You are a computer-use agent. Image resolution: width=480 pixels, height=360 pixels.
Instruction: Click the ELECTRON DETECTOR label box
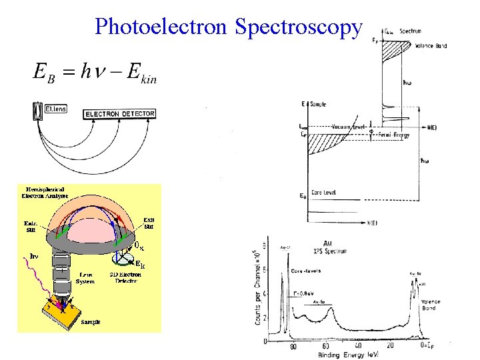tap(120, 114)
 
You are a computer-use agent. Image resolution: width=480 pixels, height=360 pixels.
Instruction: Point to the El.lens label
tap(55, 107)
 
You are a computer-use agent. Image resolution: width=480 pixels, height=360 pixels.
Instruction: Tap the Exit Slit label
tap(150, 223)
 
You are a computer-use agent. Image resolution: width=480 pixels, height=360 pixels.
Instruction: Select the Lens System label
tap(85, 278)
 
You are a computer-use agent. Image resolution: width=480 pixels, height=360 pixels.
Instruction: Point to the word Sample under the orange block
tap(91, 321)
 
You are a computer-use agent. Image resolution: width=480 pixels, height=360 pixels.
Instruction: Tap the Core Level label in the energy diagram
tap(323, 192)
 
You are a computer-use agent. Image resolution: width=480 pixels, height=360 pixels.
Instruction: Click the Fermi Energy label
tap(394, 135)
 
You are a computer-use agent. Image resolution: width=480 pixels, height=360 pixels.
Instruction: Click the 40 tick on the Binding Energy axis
tap(358, 346)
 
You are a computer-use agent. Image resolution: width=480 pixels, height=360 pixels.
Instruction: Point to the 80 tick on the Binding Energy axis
tap(291, 346)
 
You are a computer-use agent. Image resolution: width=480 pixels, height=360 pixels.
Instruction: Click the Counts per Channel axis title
tap(257, 288)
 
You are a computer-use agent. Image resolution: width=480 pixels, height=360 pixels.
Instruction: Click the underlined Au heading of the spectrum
tap(327, 242)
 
